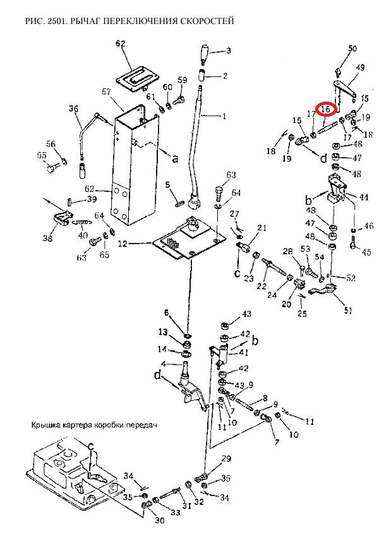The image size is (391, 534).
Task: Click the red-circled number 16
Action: click(x=325, y=110)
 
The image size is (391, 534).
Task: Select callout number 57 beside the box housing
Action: click(x=106, y=92)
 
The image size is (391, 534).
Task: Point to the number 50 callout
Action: click(x=352, y=49)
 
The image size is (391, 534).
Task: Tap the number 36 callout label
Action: click(x=74, y=108)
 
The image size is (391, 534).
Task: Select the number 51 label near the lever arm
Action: click(x=347, y=309)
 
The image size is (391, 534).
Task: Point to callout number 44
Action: click(x=363, y=197)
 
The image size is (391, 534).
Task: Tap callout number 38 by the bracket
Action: click(x=46, y=239)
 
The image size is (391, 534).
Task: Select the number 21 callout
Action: click(x=262, y=228)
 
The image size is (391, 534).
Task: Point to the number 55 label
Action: click(x=42, y=155)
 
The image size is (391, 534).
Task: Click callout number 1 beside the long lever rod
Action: click(x=222, y=116)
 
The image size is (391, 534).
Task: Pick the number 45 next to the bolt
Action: click(x=366, y=252)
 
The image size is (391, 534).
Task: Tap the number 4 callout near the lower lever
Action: click(x=163, y=364)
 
